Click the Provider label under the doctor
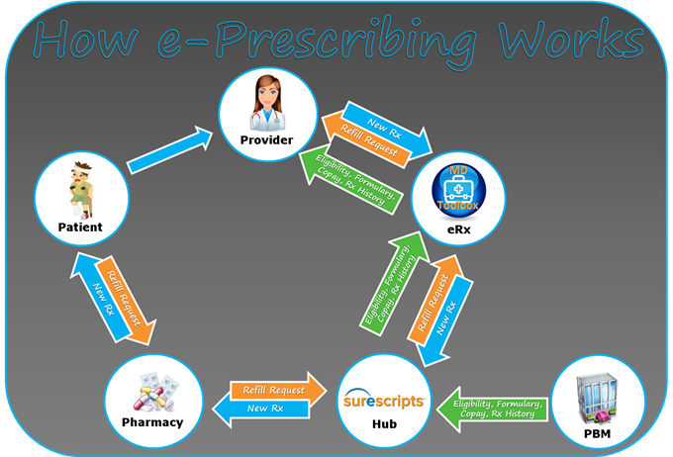pyautogui.click(x=266, y=140)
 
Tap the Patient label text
pyautogui.click(x=80, y=227)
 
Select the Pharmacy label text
pyautogui.click(x=152, y=422)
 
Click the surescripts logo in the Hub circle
pyautogui.click(x=383, y=403)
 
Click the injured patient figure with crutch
pyautogui.click(x=82, y=189)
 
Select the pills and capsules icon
pyautogui.click(x=152, y=390)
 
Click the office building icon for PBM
pyautogui.click(x=597, y=396)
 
